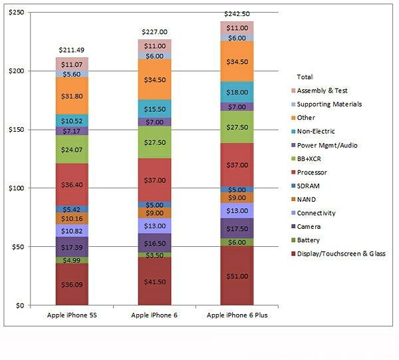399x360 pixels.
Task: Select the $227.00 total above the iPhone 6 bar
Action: (155, 31)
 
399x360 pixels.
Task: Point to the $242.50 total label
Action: (237, 13)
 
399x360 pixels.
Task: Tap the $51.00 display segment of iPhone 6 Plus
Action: (237, 276)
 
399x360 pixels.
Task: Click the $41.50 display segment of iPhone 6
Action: (155, 281)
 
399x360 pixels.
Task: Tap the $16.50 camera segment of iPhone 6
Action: (155, 244)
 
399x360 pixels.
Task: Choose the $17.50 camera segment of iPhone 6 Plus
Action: (237, 228)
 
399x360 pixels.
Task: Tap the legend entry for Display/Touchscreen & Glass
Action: (340, 254)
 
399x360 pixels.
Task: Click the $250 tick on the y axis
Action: (14, 13)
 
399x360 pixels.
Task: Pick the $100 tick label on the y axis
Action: (14, 188)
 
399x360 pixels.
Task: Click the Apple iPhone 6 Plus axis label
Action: (237, 314)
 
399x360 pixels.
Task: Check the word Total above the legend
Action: (305, 77)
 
